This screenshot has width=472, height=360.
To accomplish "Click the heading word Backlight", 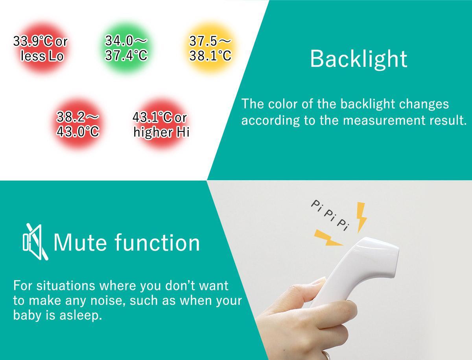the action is point(358,59).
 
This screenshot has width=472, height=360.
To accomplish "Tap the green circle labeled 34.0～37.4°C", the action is point(126,48).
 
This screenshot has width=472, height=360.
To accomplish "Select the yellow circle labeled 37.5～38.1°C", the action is point(210,48).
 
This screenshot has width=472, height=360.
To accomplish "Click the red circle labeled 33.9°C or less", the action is point(41,48).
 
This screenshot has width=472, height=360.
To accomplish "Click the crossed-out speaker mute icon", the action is point(35,242).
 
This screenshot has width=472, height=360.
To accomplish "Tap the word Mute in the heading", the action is point(80,243).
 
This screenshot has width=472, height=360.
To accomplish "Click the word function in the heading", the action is point(157,243).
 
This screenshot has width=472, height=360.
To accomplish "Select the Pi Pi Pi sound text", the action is point(330,216).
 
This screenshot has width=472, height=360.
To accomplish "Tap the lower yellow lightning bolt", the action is point(328,238).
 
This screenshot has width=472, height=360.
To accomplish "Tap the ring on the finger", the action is point(327,356).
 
